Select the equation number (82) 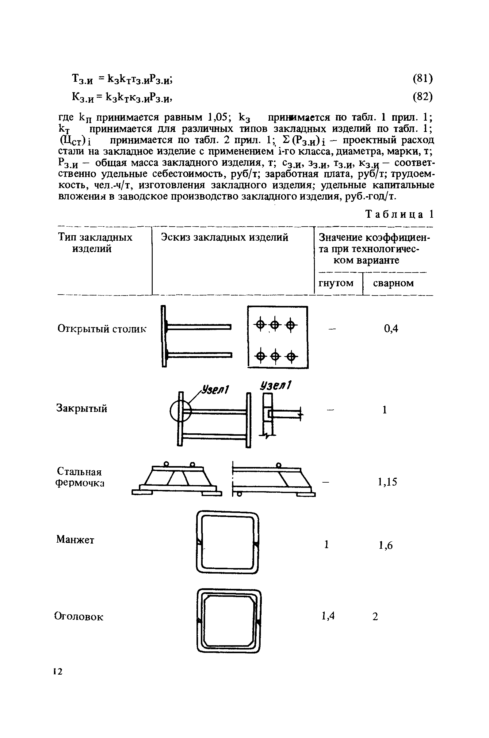tap(422, 97)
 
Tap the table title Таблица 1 tap(399, 214)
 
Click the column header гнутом tap(336, 283)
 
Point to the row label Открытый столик tap(102, 329)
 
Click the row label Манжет tap(75, 539)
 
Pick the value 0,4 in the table tap(391, 328)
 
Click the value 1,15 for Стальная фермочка tap(387, 482)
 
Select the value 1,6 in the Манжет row tap(385, 545)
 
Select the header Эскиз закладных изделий tap(224, 238)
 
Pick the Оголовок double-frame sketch tap(229, 620)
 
